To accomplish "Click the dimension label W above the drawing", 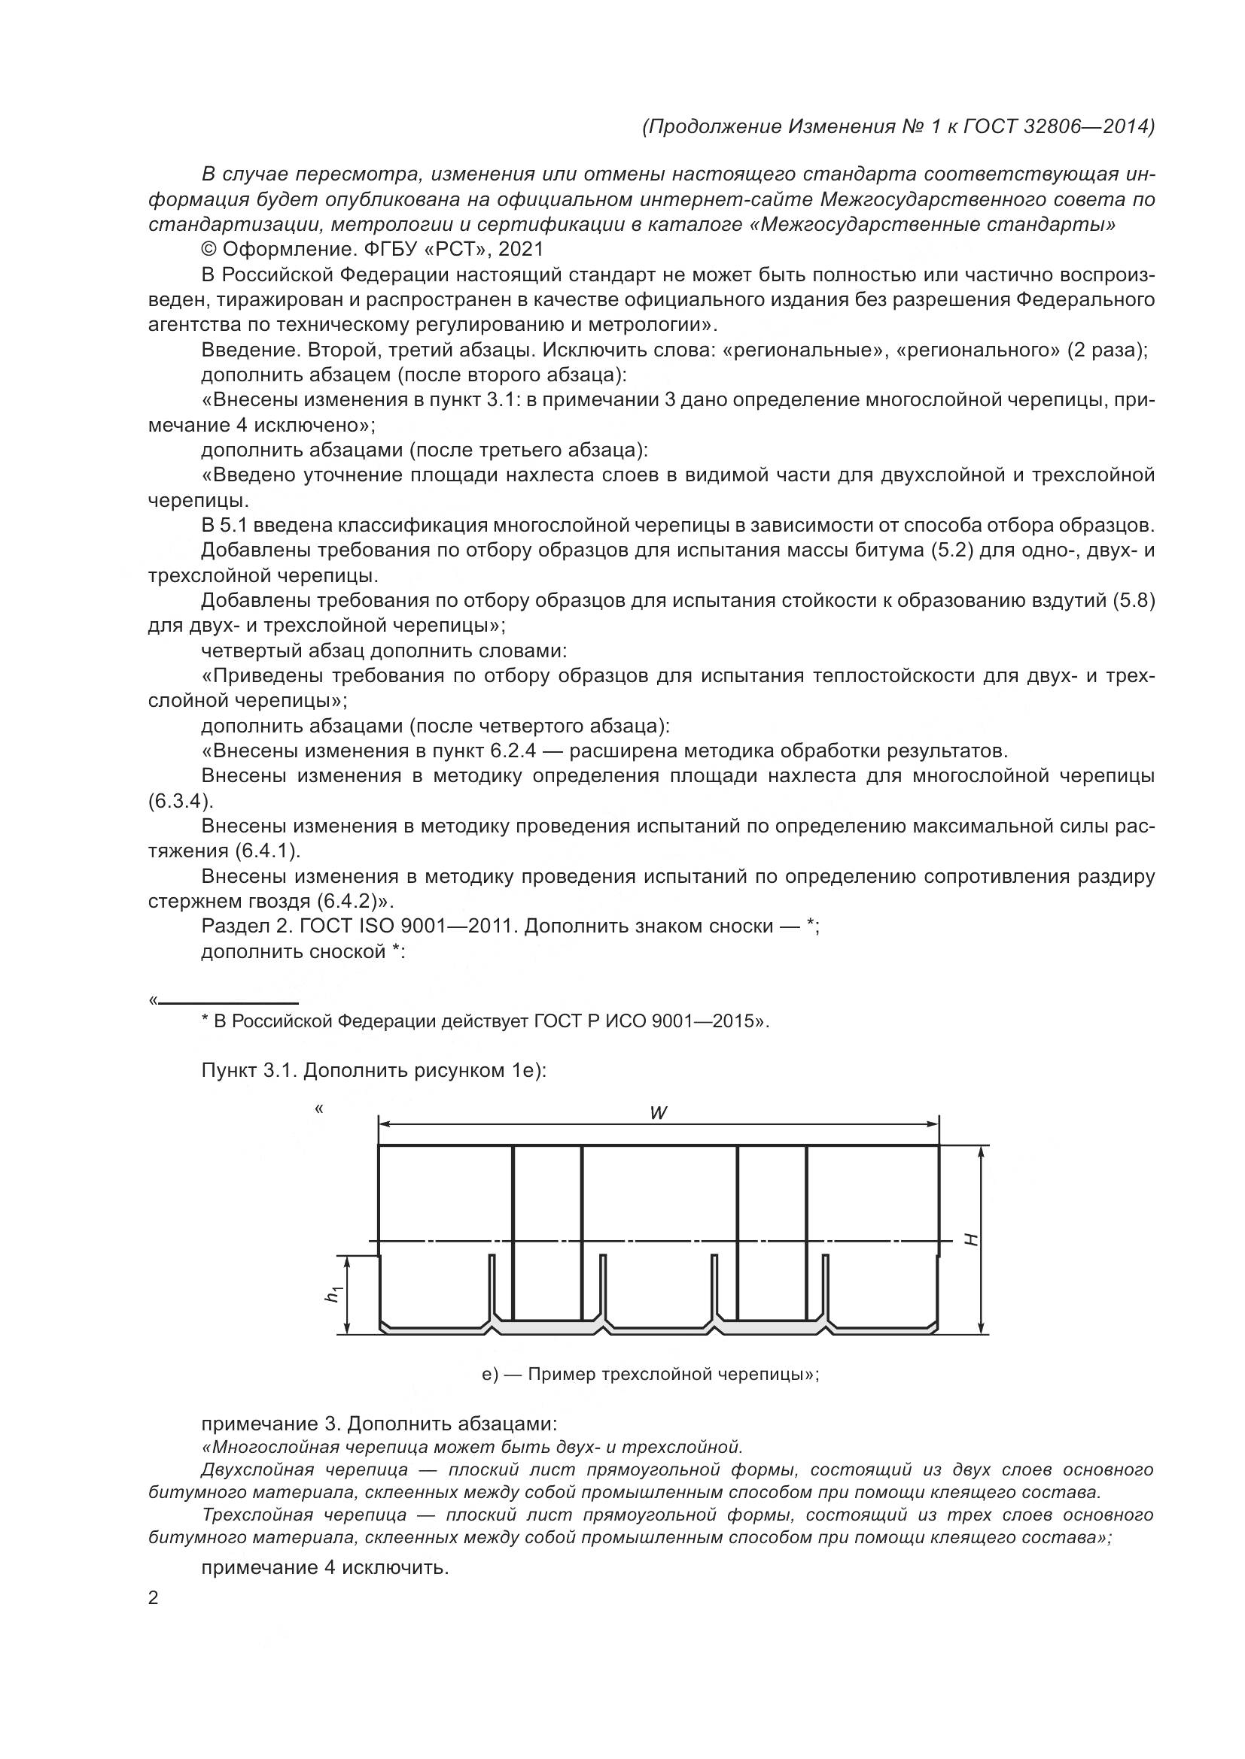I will click(x=658, y=1113).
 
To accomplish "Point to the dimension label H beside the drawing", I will click(x=971, y=1239).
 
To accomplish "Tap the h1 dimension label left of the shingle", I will click(x=333, y=1294).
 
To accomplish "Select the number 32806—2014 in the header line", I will click(x=1088, y=126).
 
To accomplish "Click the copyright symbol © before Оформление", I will click(x=209, y=249).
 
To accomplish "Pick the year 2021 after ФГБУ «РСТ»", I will click(x=521, y=249).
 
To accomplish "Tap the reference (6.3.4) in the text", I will click(x=179, y=802).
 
